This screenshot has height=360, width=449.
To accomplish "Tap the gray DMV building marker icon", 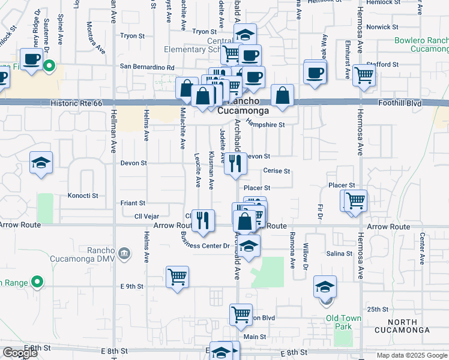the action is [124, 253].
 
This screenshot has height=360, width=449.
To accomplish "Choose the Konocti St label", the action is [83, 196].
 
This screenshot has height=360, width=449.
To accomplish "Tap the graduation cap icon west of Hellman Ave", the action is [41, 163].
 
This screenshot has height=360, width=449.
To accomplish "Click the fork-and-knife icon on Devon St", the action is [235, 163].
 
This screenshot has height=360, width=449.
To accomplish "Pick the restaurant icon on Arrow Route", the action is [203, 220].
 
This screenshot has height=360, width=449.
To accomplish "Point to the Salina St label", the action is [339, 254].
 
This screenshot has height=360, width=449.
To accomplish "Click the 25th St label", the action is [378, 309].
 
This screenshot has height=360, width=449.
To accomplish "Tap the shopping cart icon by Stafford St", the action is [364, 76].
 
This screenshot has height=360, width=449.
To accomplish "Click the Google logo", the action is [20, 353].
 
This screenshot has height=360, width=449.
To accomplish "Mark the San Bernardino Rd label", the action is [147, 67].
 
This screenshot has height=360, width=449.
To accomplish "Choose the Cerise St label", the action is [276, 171].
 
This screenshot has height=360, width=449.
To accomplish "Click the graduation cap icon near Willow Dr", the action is [325, 286].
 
